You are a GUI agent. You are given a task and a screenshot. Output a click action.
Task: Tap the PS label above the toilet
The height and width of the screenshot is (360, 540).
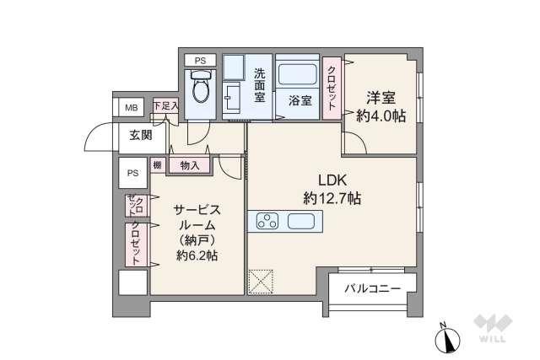pyautogui.click(x=200, y=61)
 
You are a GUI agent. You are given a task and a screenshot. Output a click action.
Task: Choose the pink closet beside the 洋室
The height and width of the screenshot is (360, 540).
pyautogui.click(x=332, y=89)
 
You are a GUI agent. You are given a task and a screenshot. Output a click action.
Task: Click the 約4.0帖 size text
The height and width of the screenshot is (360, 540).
pyautogui.click(x=381, y=116)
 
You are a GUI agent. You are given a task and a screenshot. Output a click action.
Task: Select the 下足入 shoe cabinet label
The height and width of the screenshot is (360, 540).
pyautogui.click(x=165, y=106)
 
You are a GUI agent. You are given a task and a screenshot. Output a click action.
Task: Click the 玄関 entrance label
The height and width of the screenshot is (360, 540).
pyautogui.click(x=141, y=134)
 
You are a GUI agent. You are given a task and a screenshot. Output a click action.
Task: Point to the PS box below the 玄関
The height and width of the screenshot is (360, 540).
pyautogui.click(x=132, y=173)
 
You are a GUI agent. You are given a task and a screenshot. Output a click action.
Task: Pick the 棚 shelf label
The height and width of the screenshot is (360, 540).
pyautogui.click(x=158, y=166)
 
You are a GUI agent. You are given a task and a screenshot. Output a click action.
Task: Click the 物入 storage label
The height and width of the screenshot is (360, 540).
pyautogui.click(x=190, y=166)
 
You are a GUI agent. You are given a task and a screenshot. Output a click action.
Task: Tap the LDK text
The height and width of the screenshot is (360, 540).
pyautogui.click(x=332, y=179)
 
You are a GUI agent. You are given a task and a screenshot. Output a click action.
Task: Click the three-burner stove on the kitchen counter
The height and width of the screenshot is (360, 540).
pyautogui.click(x=267, y=223)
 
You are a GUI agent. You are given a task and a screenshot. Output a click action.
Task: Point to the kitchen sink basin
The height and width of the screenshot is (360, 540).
pyautogui.click(x=302, y=223)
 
